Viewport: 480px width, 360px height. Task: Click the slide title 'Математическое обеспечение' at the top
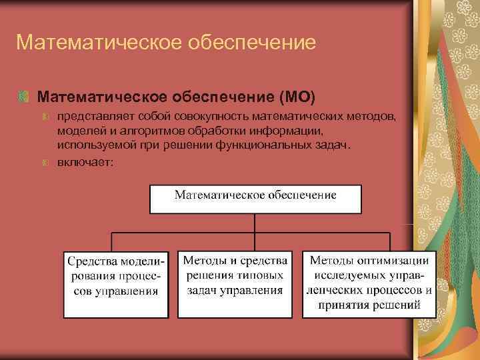(165, 43)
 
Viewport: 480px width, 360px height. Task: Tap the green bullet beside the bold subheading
(24, 97)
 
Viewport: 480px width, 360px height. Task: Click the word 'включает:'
(85, 161)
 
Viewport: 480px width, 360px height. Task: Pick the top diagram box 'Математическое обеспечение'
(255, 198)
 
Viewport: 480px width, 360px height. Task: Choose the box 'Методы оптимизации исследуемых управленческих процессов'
(369, 283)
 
